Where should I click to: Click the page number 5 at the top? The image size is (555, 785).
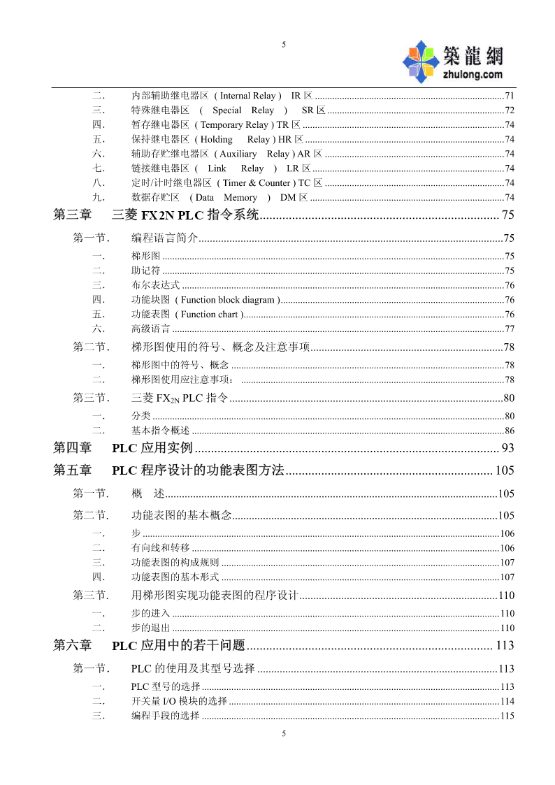coord(284,45)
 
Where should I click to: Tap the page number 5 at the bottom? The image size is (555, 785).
coord(284,733)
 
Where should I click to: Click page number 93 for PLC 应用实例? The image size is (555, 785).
coord(507,448)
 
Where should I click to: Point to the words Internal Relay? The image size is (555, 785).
coord(248,96)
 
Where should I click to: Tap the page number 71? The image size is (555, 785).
coord(510,96)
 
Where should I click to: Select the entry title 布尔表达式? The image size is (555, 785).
coord(155,285)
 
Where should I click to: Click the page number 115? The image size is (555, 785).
coord(507,716)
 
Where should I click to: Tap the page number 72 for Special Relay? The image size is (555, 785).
coord(510,110)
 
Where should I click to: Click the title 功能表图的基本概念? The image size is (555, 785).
coord(181,516)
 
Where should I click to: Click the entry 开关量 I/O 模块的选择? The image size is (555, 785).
coord(179,701)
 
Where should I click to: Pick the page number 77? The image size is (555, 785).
coord(510,329)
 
